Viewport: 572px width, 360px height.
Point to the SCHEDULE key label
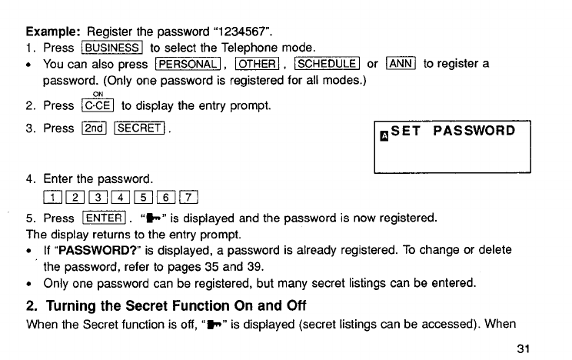pos(328,64)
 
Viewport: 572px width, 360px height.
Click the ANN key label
pos(401,64)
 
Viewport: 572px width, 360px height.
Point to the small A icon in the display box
pos(384,135)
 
